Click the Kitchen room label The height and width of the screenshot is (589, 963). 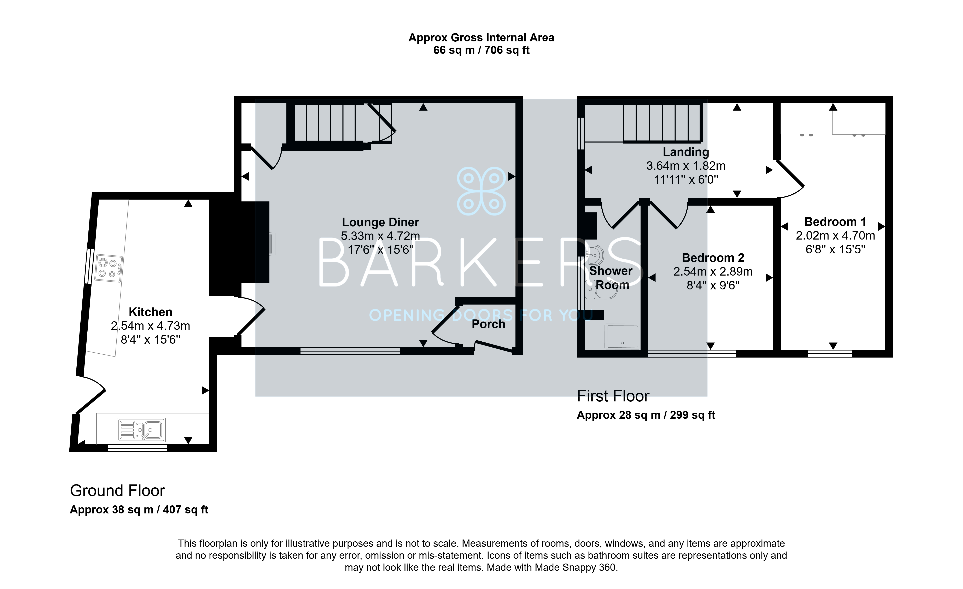pyautogui.click(x=151, y=312)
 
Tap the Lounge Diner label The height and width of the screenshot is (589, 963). pyautogui.click(x=380, y=222)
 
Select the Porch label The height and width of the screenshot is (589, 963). pyautogui.click(x=488, y=324)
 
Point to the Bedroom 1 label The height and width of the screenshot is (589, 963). pyautogui.click(x=835, y=222)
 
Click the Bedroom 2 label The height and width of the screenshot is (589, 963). pyautogui.click(x=713, y=258)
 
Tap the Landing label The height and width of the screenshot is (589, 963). pyautogui.click(x=686, y=152)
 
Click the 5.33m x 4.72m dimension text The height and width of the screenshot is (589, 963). pyautogui.click(x=380, y=236)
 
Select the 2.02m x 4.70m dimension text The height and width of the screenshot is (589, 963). pyautogui.click(x=835, y=236)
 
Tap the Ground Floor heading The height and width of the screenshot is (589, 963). pyautogui.click(x=117, y=491)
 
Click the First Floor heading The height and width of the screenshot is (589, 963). pyautogui.click(x=613, y=396)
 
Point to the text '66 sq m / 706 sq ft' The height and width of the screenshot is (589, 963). pyautogui.click(x=481, y=50)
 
